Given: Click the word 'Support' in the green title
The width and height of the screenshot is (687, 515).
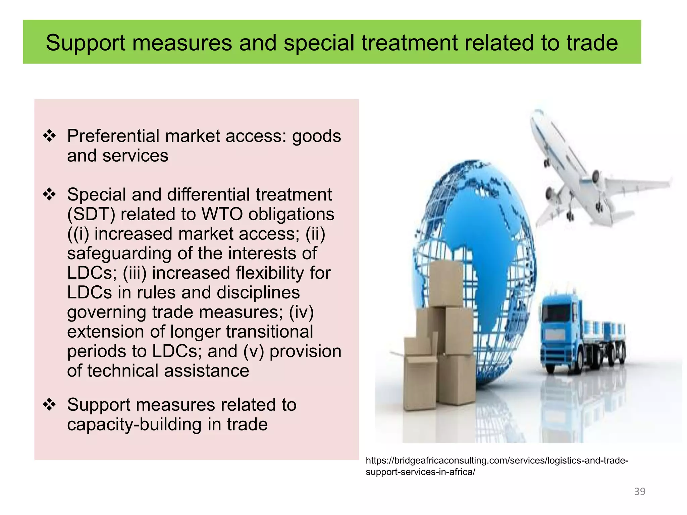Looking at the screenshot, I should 85,43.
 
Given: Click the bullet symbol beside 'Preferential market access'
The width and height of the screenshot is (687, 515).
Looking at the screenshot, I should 49,136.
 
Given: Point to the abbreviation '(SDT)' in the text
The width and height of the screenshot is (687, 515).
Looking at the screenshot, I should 91,214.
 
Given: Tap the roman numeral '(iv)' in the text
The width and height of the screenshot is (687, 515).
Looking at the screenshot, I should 301,312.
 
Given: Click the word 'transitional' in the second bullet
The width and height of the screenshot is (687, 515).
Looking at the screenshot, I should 269,332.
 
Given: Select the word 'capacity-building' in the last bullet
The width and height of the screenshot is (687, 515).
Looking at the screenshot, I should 134,424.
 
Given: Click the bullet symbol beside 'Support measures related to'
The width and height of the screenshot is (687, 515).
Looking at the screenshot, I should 49,404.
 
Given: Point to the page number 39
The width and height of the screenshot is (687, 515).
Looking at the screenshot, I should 640,492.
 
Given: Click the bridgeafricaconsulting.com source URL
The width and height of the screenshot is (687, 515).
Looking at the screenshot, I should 496,466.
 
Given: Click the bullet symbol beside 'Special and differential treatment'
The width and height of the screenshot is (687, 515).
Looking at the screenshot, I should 49,194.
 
